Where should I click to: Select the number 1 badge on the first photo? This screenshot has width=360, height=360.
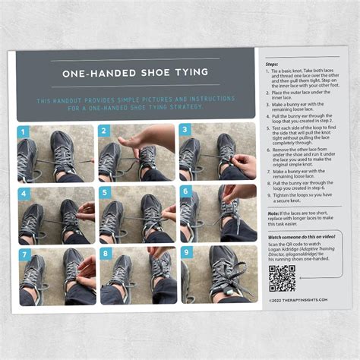pyautogui.click(x=23, y=131)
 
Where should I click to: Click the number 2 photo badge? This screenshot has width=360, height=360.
pyautogui.click(x=105, y=131)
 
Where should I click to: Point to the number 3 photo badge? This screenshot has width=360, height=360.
pyautogui.click(x=185, y=131)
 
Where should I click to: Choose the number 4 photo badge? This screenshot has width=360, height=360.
pyautogui.click(x=23, y=192)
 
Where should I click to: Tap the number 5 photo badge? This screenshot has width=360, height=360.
pyautogui.click(x=105, y=192)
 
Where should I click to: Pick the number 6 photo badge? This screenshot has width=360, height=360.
pyautogui.click(x=185, y=192)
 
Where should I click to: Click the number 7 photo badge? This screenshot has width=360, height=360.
pyautogui.click(x=23, y=253)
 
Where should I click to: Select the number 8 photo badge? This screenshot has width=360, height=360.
pyautogui.click(x=105, y=253)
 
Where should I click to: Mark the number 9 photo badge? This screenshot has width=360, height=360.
pyautogui.click(x=185, y=253)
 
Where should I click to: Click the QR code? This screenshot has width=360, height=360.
pyautogui.click(x=282, y=278)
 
